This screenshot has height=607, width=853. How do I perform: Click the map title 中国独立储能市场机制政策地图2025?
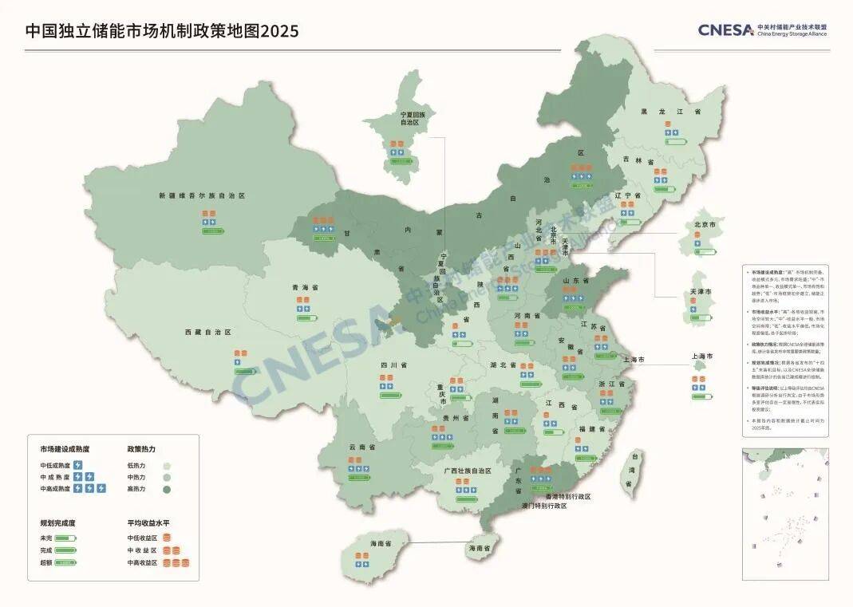[x=162, y=31]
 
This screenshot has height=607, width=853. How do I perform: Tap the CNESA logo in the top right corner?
[x=762, y=30]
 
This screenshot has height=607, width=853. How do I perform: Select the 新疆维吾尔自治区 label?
[x=201, y=195]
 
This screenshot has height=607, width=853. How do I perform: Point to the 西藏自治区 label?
[x=207, y=332]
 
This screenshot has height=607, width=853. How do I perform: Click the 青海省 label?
[x=305, y=287]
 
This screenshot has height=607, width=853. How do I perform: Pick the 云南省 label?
[x=362, y=447]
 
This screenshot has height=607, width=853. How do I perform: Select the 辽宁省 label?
[x=628, y=195]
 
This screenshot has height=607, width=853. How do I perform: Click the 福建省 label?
[x=591, y=429]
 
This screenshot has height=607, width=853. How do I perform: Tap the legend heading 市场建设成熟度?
[x=65, y=449]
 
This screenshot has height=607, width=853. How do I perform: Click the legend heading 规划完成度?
[x=59, y=523]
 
